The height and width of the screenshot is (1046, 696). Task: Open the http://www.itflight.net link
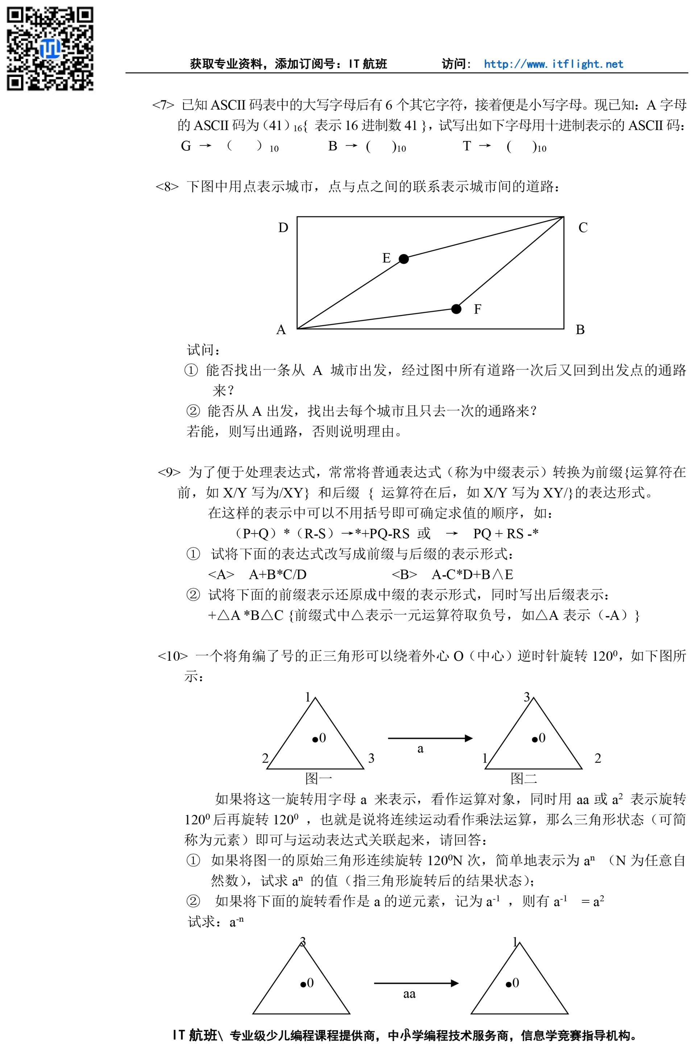[x=553, y=64]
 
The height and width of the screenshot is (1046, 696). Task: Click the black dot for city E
[x=403, y=259]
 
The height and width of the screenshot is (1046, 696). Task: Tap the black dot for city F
[x=456, y=309]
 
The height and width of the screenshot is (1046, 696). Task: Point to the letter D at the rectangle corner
[x=283, y=228]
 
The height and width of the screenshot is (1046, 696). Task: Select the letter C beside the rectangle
[x=583, y=228]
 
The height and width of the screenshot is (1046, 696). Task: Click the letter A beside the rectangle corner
[x=281, y=330]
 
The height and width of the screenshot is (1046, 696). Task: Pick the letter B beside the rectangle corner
[x=580, y=330]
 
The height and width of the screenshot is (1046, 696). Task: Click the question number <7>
[x=163, y=105]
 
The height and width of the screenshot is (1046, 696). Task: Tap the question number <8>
[x=167, y=186]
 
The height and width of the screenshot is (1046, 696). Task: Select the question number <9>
[x=169, y=472]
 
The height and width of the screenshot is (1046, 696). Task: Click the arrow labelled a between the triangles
[x=430, y=738]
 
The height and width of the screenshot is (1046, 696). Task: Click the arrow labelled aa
[x=416, y=983]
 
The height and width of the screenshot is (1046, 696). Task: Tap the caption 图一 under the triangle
[x=318, y=778]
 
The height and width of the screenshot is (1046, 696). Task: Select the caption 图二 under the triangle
[x=523, y=778]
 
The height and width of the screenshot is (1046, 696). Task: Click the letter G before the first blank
[x=186, y=146]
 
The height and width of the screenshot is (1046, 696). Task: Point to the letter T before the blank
[x=467, y=146]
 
